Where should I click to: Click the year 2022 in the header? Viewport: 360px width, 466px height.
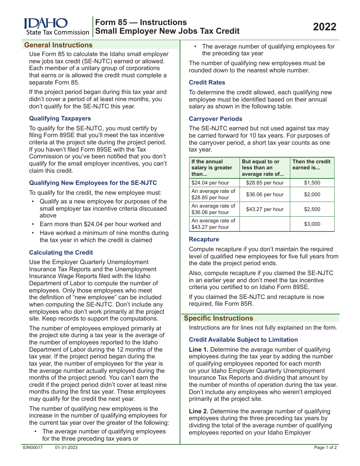[324, 27]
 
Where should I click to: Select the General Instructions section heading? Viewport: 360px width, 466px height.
[58, 45]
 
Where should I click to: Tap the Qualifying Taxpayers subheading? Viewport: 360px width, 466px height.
[60, 119]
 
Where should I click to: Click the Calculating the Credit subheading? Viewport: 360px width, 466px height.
[61, 253]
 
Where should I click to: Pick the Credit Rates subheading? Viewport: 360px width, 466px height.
[207, 83]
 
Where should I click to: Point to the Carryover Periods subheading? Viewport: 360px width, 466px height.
[215, 119]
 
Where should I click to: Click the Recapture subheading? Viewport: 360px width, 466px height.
[204, 239]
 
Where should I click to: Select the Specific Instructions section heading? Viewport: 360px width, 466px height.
[218, 318]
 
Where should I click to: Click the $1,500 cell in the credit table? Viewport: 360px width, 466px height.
[312, 183]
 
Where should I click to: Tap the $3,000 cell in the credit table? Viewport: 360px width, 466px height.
[312, 224]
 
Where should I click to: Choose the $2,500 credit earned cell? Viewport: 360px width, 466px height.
[312, 209]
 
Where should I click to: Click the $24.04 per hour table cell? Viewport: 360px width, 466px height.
[210, 183]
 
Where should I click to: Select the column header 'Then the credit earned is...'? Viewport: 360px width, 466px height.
[311, 164]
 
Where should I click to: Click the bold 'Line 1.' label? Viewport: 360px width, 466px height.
[199, 350]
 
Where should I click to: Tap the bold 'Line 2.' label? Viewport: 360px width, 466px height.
[199, 411]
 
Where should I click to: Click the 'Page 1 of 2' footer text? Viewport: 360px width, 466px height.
[326, 448]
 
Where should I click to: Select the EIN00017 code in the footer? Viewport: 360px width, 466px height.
[33, 448]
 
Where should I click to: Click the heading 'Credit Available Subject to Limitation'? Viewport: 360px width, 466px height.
[243, 340]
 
